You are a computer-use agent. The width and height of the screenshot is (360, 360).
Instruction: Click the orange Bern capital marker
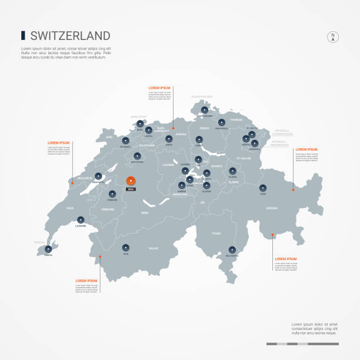click(x=131, y=180)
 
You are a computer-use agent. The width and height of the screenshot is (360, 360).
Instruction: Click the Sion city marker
click(x=125, y=248)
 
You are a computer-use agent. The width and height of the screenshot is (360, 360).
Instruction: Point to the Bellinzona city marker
click(x=232, y=249)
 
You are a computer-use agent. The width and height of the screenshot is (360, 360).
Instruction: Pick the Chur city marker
click(x=262, y=188)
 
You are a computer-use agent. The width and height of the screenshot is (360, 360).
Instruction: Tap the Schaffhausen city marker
click(x=204, y=109)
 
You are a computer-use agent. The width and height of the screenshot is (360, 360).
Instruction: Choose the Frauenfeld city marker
click(x=221, y=123)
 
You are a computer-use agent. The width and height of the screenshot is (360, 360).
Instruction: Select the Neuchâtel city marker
click(x=98, y=175)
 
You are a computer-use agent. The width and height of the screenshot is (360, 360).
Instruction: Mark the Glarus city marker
click(x=233, y=171)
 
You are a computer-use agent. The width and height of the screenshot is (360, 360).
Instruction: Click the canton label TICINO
click(x=216, y=234)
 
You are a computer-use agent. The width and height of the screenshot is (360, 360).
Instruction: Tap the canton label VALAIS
click(x=153, y=248)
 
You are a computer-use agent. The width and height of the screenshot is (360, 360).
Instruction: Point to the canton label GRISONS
click(x=272, y=208)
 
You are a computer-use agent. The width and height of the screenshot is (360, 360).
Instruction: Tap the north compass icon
click(x=332, y=36)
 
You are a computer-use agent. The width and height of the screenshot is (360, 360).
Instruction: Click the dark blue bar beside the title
click(x=22, y=35)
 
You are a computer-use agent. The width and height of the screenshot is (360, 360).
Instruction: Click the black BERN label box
click(x=131, y=189)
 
